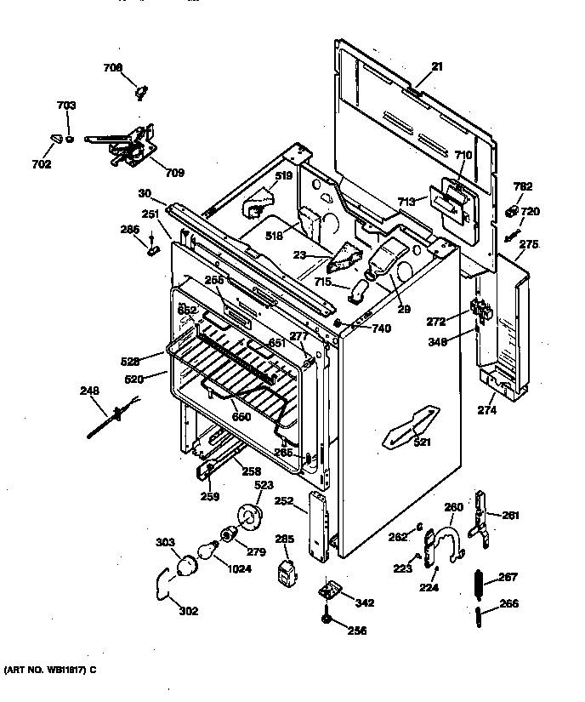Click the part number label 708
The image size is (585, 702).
113,67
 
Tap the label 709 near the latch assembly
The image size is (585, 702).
173,173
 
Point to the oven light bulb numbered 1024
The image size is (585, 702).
202,553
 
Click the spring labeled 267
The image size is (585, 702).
479,584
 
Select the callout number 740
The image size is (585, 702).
382,328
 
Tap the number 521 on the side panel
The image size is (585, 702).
422,442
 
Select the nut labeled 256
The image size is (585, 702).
327,619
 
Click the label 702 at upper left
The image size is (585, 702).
42,164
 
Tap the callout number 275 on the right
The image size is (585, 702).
529,244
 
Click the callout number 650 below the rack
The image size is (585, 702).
241,417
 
